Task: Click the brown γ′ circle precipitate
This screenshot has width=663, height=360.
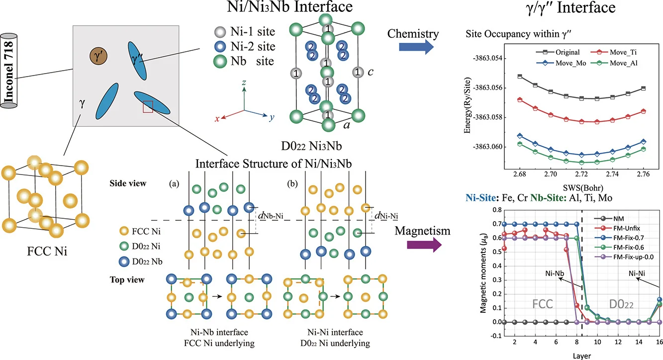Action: [x=98, y=56]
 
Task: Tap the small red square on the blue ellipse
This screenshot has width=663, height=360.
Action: [x=148, y=107]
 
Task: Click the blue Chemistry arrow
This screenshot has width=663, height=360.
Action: [x=416, y=47]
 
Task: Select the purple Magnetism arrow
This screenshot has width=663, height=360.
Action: [x=424, y=245]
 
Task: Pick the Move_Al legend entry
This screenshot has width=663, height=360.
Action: [x=614, y=63]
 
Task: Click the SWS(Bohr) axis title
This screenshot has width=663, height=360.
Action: [x=583, y=187]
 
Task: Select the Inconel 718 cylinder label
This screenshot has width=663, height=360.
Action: [x=8, y=71]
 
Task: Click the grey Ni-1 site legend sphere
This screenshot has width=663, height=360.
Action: [x=220, y=32]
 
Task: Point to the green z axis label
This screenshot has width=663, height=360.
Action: [x=244, y=82]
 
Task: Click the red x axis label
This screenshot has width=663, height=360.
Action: [x=217, y=119]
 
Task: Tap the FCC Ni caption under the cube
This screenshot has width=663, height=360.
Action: [x=47, y=252]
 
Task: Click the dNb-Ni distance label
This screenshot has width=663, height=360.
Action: [x=271, y=216]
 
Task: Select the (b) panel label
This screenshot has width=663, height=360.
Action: [x=292, y=184]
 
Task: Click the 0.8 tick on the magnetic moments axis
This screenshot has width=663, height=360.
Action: [x=497, y=210]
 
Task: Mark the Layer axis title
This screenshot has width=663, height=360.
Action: [x=582, y=356]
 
